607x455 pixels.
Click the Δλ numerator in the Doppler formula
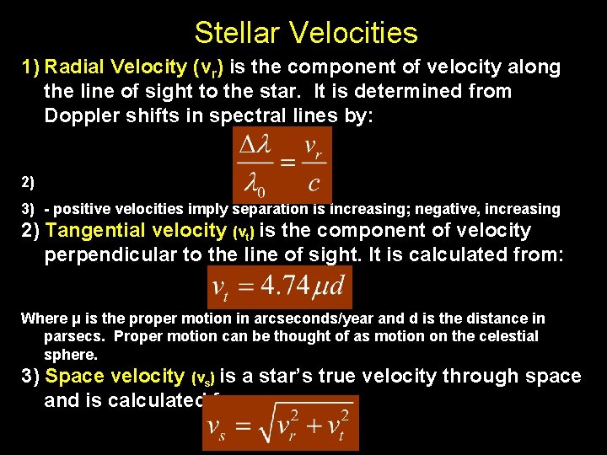(x=260, y=145)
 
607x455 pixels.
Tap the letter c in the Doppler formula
(x=314, y=183)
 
